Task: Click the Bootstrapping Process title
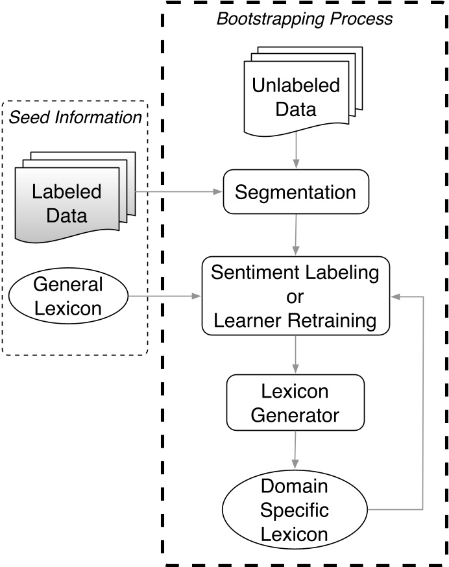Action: pyautogui.click(x=304, y=18)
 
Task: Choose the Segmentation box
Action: pyautogui.click(x=295, y=193)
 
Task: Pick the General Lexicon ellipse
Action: pyautogui.click(x=69, y=296)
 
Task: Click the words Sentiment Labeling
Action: pyautogui.click(x=295, y=272)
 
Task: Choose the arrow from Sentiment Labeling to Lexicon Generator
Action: pyautogui.click(x=296, y=354)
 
